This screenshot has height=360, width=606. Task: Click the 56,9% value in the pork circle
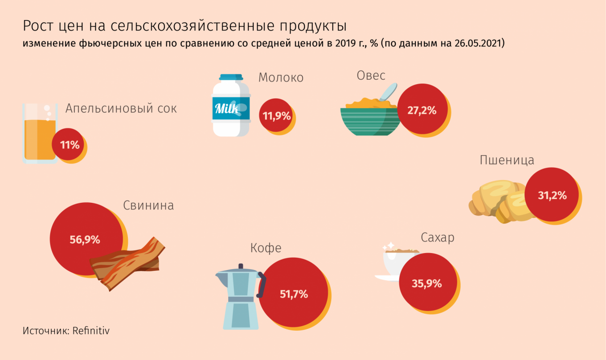(85, 240)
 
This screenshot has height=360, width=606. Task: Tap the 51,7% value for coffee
(294, 294)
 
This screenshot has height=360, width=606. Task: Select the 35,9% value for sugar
(427, 283)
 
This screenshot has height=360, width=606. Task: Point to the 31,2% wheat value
(552, 195)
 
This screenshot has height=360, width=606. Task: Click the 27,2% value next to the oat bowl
(422, 110)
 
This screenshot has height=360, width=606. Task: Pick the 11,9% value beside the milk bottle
(276, 116)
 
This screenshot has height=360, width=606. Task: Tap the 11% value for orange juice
(70, 145)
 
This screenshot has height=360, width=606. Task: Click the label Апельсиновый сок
(121, 108)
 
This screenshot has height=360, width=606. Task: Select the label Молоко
(281, 78)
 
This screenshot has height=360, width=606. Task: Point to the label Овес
(371, 75)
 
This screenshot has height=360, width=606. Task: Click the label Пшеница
(507, 160)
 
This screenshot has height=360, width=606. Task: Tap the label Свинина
(148, 205)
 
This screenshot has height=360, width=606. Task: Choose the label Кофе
(266, 248)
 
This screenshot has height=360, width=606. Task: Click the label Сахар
(438, 237)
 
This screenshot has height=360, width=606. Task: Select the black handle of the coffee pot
(261, 285)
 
